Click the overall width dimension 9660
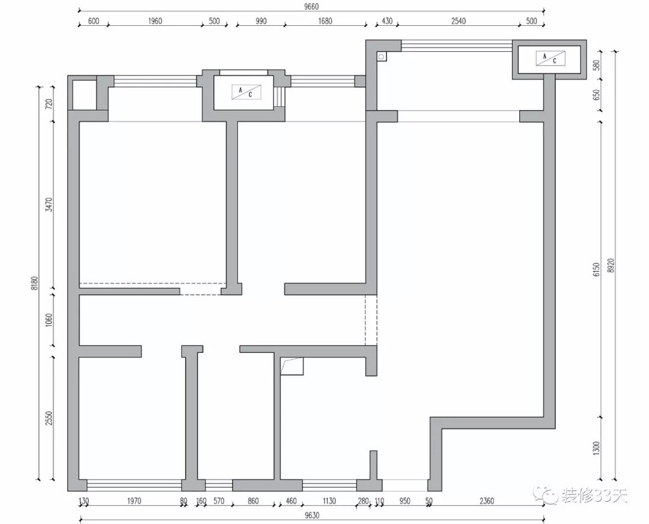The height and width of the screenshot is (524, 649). pos(311,7)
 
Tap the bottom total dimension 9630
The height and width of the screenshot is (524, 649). pos(312,516)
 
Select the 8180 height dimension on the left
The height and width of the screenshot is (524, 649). pos(35,283)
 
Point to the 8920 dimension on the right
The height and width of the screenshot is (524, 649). pos(611,266)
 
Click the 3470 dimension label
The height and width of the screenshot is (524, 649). pos(49,204)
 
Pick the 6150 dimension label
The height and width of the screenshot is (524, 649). pos(596,269)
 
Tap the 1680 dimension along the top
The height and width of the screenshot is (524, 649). pos(325,20)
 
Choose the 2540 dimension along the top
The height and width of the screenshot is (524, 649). pos(458,20)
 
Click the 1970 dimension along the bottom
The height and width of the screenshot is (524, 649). pos(134,501)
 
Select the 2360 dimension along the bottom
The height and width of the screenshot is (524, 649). pos(487,501)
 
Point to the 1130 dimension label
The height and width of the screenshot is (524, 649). pos(329,501)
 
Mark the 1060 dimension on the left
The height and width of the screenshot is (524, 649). pos(49,320)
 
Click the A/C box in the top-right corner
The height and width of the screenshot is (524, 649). pos(550,58)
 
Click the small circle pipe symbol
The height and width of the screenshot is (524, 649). pos(381,56)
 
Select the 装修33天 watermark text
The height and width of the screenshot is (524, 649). pos(595,495)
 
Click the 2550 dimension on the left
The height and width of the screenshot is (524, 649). pos(49,418)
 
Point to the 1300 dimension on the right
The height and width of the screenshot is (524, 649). pos(596,448)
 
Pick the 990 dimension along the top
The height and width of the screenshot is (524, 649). pos(261,20)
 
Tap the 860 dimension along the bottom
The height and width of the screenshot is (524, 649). pos(253,501)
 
